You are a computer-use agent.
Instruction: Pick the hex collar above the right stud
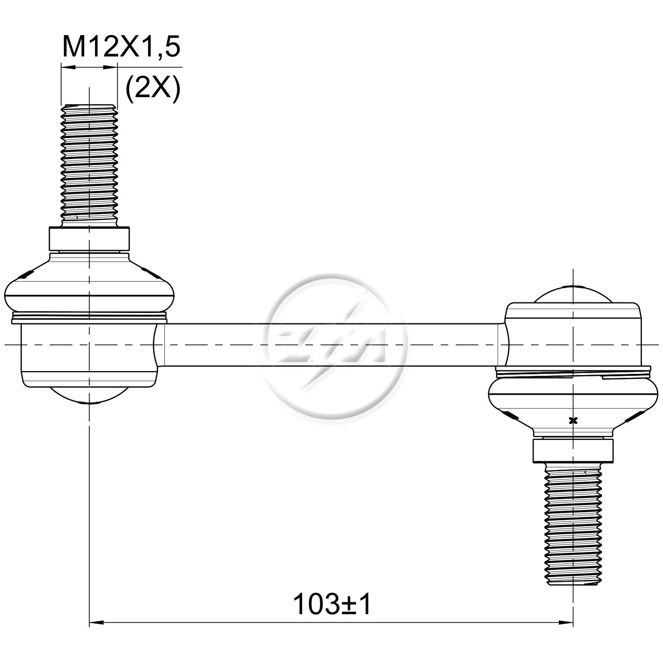click(x=573, y=450)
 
